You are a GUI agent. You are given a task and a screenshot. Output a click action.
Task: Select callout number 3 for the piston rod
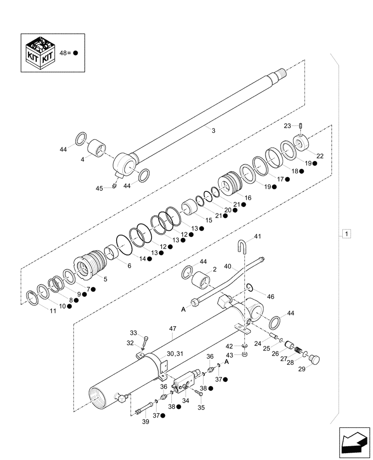(213, 131)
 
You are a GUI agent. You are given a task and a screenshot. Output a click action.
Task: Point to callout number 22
(320, 156)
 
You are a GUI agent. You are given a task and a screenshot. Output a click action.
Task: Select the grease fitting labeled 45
(113, 185)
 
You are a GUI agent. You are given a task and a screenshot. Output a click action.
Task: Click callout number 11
(53, 311)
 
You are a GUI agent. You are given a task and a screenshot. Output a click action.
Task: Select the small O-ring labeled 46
(250, 288)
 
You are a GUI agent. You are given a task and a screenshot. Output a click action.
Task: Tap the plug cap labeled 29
(316, 359)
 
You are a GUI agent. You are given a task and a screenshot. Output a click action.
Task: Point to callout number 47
(172, 329)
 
